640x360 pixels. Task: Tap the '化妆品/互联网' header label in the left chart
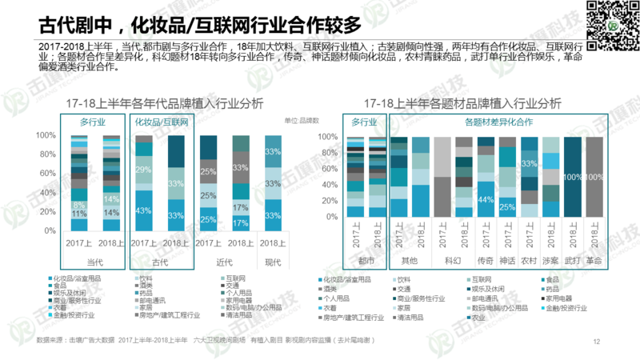[161, 122]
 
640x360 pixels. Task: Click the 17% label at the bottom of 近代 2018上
[240, 222]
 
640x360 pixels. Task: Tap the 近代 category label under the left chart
[224, 262]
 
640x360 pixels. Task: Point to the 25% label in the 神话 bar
[507, 207]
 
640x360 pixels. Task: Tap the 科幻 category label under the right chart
[453, 261]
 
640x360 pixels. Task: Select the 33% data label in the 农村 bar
[529, 163]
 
